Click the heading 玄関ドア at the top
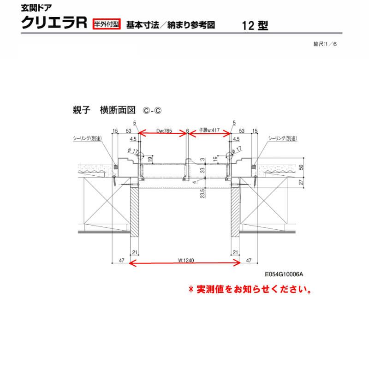pos(35,8)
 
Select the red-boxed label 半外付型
pos(106,24)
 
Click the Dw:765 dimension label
pos(164,131)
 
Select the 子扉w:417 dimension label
pos(208,131)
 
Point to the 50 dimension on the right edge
pos(301,167)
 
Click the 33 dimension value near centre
pos(202,170)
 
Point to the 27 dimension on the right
pos(301,182)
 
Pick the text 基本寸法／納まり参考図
pos(171,25)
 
